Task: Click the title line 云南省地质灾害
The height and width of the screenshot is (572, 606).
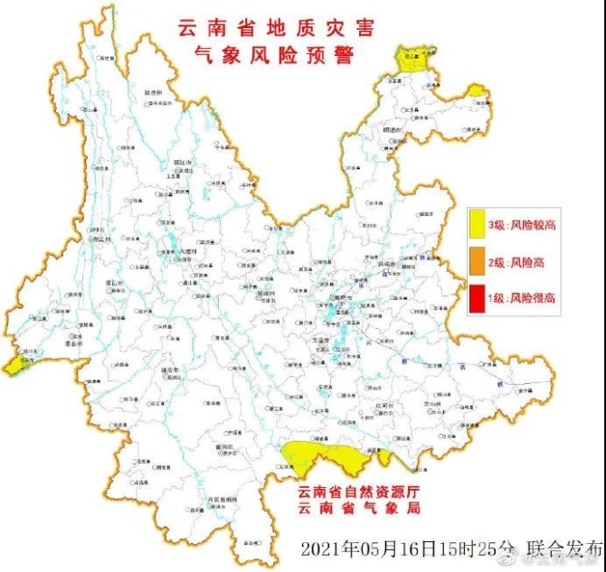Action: pos(262,30)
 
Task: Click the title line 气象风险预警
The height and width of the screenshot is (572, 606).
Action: pos(262,55)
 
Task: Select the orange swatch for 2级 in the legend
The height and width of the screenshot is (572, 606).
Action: pos(478,262)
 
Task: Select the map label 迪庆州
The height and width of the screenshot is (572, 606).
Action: pos(153,92)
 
